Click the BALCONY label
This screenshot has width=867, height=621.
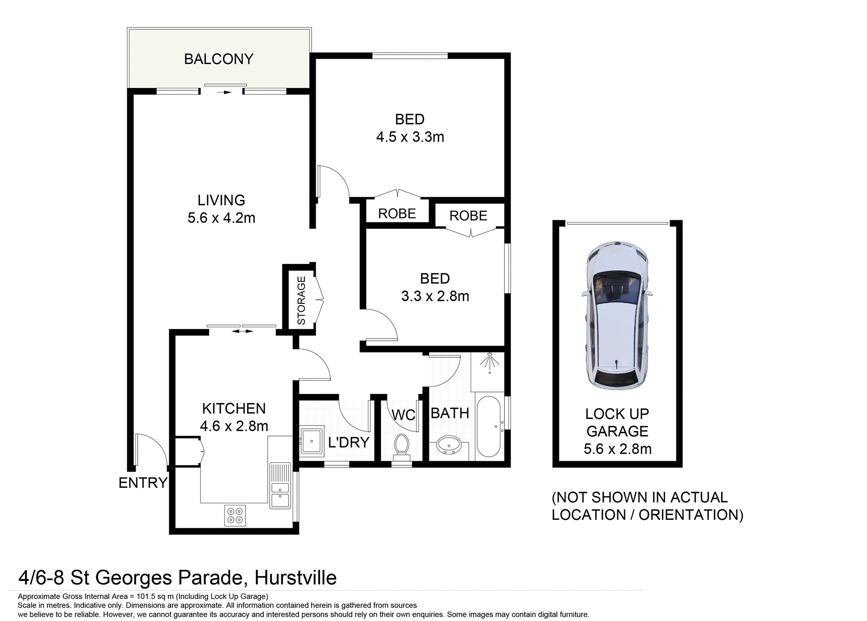219,59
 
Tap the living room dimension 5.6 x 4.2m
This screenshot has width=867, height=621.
221,218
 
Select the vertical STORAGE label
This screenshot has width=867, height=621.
301,301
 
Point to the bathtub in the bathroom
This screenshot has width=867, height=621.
488,426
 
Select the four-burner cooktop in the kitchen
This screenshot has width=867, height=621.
235,515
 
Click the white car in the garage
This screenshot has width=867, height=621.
617,315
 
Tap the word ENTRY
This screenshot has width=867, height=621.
143,483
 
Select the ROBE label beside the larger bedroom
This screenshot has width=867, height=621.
397,213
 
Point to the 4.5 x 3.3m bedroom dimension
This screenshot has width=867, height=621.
410,137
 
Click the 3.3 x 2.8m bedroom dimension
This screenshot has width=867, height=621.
435,297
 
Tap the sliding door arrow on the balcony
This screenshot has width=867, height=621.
224,93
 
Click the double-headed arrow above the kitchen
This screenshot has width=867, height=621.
242,332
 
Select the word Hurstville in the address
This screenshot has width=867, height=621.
296,578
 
